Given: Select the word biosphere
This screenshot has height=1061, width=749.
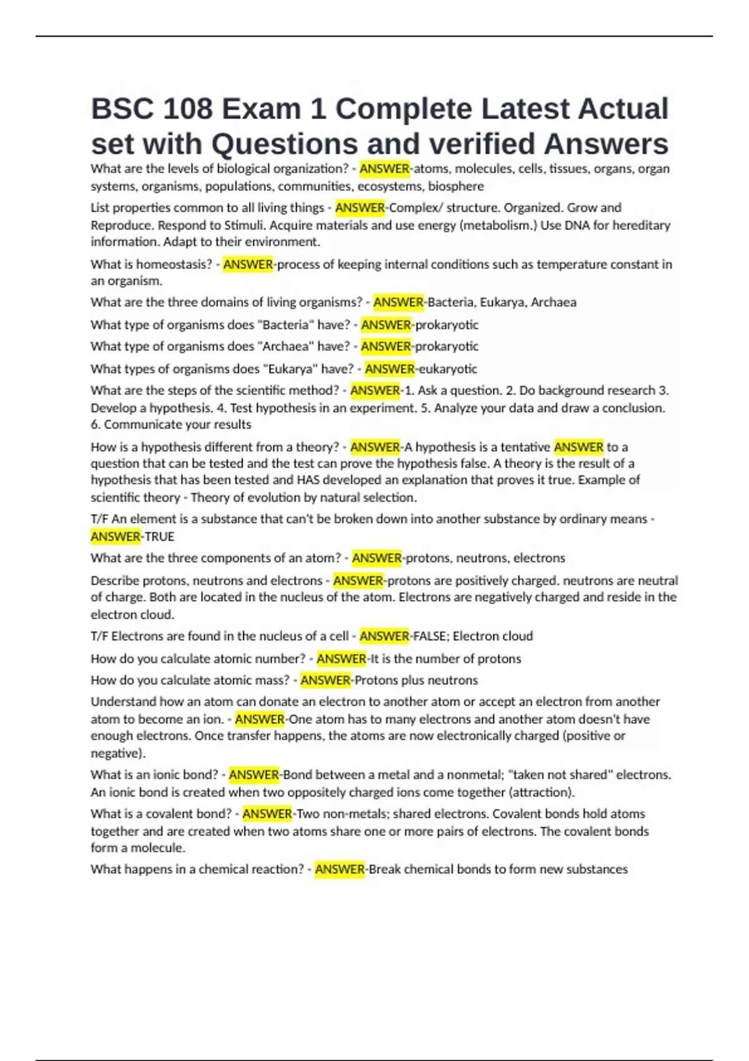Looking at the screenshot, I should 456,186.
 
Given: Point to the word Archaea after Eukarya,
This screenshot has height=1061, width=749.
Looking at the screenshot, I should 554,302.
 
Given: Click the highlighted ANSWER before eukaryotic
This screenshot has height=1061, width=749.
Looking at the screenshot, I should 389,369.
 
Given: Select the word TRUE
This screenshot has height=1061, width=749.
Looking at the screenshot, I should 159,536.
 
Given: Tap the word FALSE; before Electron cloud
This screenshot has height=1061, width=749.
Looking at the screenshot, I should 431,636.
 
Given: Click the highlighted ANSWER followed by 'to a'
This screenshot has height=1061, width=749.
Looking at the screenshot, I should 579,447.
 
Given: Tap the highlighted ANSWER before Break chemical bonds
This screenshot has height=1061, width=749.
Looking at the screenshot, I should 340,869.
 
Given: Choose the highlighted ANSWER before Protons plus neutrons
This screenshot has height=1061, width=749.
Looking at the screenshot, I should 325,680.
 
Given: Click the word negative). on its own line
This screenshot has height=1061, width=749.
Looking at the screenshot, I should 118,753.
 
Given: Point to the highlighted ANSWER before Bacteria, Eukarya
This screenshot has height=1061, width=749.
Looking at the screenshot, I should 398,302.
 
